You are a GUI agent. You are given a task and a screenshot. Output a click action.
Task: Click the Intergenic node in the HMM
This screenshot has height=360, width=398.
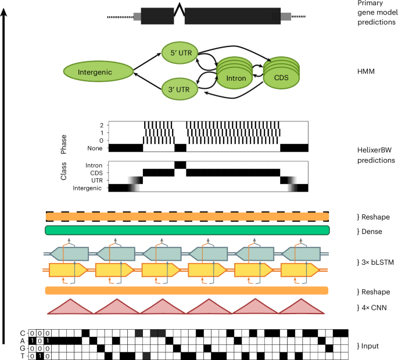[x=97, y=72]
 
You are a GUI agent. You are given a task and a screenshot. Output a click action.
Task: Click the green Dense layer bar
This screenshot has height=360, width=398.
[x=187, y=231]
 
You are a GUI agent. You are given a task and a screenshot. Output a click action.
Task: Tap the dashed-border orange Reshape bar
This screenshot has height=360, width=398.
[x=187, y=216]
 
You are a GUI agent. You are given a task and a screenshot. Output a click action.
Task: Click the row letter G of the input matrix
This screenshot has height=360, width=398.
[x=23, y=348]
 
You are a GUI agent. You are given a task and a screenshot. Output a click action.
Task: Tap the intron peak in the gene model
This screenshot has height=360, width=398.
[x=180, y=10]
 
